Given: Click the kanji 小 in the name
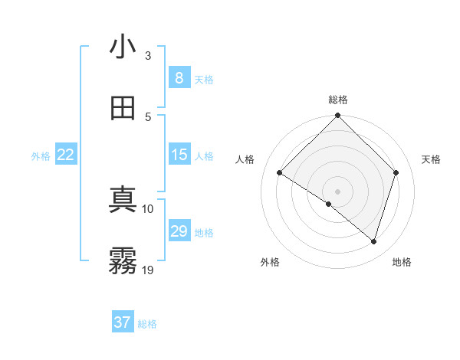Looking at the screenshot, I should point(123,47).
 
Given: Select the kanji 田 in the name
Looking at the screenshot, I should point(123,108).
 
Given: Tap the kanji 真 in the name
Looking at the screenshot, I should point(123,200).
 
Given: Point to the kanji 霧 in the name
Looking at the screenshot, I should point(123,261).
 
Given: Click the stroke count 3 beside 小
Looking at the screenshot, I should point(148,55).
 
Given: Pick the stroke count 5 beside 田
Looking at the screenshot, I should point(148,116).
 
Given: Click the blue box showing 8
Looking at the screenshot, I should point(179,77).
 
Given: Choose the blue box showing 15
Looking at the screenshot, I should point(179,155).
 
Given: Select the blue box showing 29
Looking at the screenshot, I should point(179,231).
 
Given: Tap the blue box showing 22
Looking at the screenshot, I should point(65,155).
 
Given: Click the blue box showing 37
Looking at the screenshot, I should point(122,322).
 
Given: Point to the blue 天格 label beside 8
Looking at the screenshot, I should point(204,79).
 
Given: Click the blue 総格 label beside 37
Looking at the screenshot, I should point(147,324).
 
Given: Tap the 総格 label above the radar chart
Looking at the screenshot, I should point(338,100).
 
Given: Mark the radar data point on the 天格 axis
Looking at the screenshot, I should point(396,172).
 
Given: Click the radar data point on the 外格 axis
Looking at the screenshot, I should point(329,204).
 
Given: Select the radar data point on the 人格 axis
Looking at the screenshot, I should point(280,173).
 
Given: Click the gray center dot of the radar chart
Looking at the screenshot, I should point(338,191).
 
